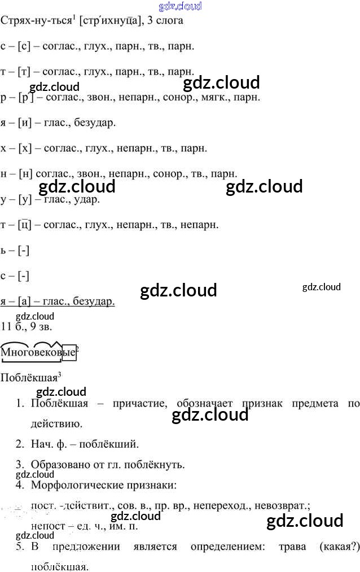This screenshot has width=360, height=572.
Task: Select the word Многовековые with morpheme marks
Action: (38, 353)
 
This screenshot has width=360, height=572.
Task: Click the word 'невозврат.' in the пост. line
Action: (283, 506)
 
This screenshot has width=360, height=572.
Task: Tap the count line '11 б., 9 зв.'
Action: (28, 326)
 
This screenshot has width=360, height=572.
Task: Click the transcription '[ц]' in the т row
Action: (24, 225)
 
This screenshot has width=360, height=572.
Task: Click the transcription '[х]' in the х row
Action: (24, 149)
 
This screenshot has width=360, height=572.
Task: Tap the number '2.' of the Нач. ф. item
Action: (20, 444)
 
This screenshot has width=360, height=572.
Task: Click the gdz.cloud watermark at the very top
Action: (181, 6)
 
